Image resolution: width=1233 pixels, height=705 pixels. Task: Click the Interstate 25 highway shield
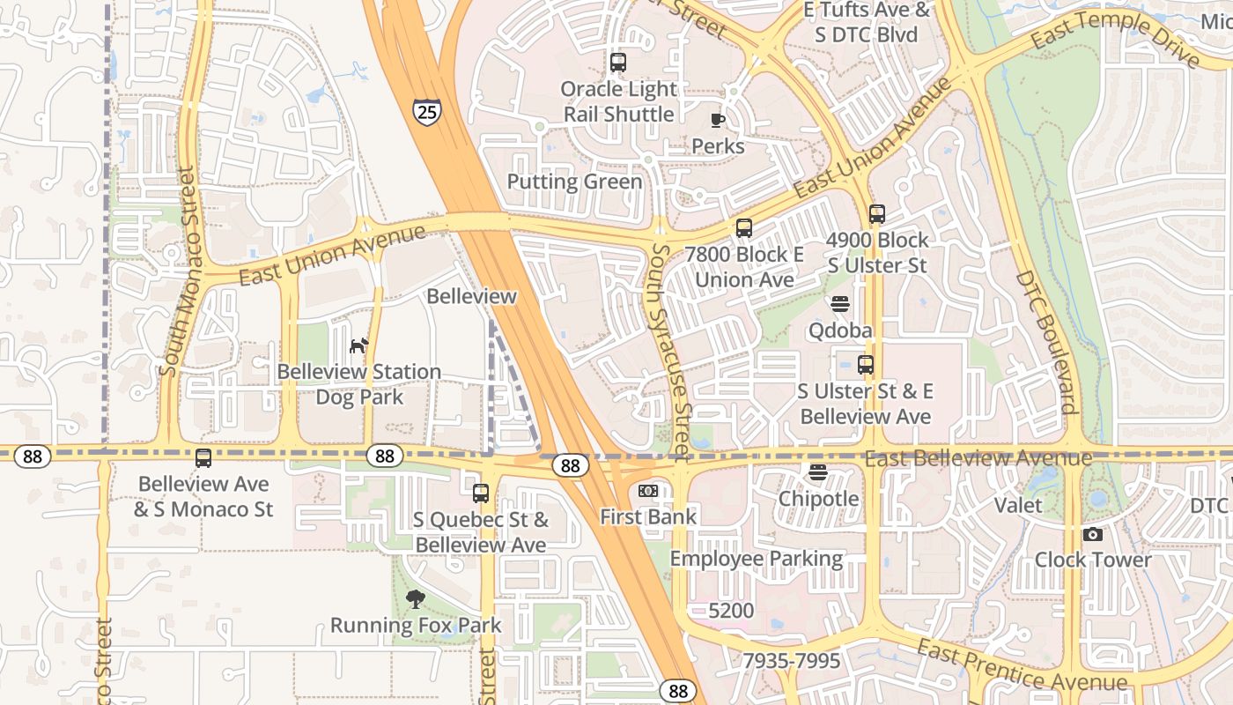[426, 111]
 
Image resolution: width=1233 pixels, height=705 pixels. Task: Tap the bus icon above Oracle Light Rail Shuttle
[618, 63]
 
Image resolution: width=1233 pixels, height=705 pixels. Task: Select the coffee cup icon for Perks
[718, 120]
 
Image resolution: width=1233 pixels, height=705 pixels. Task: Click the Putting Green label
[574, 182]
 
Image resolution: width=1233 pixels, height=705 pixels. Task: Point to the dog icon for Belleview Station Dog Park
[358, 345]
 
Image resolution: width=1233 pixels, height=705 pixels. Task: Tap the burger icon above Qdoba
[840, 304]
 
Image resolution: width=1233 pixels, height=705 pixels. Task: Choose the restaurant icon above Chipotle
[818, 472]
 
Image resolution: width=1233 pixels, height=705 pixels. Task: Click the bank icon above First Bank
[648, 491]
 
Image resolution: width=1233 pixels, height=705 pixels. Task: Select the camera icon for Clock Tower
[1092, 534]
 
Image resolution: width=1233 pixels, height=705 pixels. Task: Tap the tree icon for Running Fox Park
[415, 600]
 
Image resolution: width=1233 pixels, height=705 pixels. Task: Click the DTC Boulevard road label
[1046, 342]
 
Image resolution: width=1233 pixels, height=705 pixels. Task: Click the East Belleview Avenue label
[978, 458]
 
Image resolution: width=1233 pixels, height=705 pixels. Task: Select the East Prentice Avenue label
[1021, 666]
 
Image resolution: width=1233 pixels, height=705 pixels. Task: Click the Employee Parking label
[756, 559]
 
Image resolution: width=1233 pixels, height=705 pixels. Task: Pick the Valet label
[1017, 505]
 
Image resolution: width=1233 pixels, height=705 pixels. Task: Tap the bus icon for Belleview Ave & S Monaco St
[203, 458]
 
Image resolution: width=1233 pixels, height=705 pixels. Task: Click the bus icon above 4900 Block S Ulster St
[876, 214]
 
